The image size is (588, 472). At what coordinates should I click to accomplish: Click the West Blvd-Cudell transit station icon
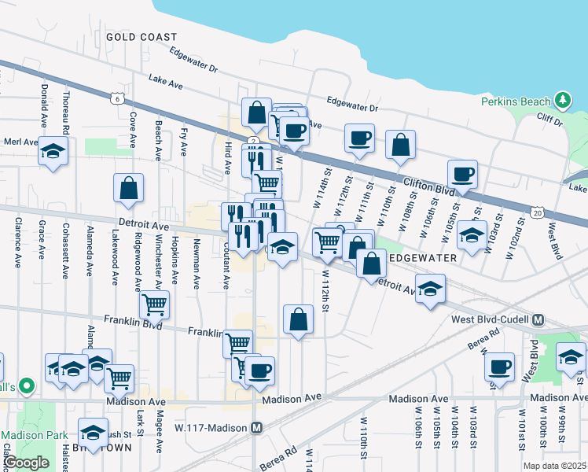[x=538, y=319]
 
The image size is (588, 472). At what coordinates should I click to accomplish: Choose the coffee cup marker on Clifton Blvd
[x=462, y=175]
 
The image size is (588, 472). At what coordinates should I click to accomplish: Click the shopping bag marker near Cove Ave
[x=129, y=188]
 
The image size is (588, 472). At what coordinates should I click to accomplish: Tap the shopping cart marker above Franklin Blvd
[x=155, y=304]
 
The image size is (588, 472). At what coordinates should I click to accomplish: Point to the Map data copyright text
[x=553, y=466]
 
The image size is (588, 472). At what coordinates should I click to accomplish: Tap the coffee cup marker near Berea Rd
[x=499, y=366]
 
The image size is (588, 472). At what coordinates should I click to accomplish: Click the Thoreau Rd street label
[x=68, y=112]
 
